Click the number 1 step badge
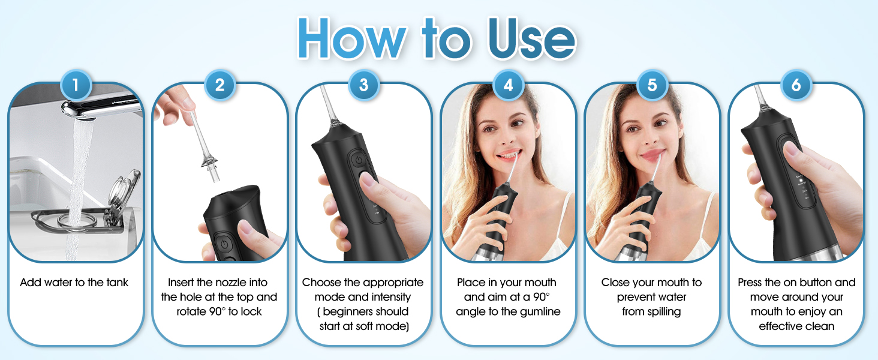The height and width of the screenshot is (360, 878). [76, 85]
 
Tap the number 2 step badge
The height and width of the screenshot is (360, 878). [220, 85]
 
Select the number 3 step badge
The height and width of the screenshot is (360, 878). [363, 85]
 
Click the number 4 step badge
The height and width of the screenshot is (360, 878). [508, 85]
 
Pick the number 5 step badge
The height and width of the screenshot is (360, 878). [652, 85]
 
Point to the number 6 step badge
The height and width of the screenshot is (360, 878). [796, 85]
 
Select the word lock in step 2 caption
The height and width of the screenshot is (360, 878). [251, 312]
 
